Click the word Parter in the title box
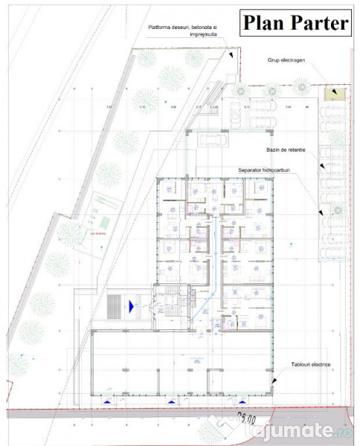(318, 23)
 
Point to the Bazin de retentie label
(285, 149)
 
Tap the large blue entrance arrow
(132, 304)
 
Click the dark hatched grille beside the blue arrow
(113, 305)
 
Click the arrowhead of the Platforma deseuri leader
(231, 56)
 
